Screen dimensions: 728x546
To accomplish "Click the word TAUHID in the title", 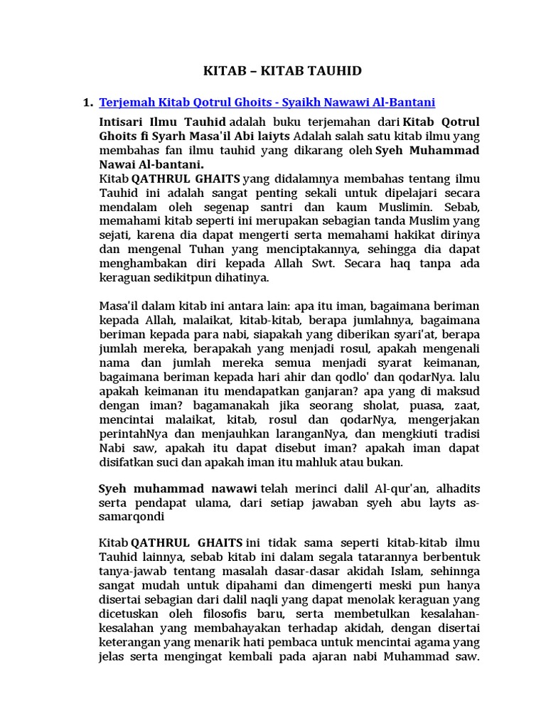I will tap(332, 70).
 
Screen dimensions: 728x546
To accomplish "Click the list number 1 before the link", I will tap(87, 103).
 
